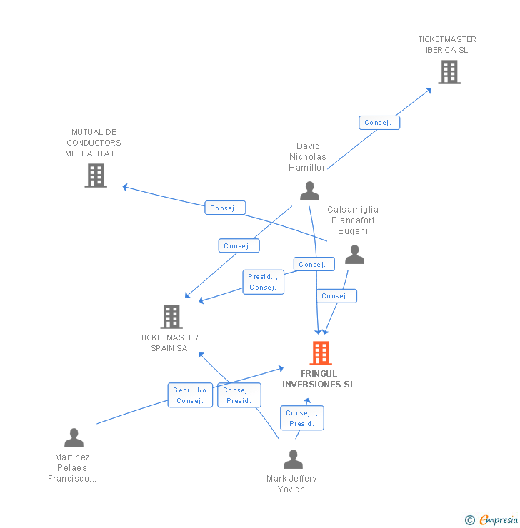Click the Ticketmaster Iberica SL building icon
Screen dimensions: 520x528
[449, 72]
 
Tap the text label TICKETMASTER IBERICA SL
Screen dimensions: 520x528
[447, 45]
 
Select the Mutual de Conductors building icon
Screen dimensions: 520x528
[96, 175]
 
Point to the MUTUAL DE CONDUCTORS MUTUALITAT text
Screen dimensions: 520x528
[94, 143]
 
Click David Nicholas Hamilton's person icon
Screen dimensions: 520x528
[309, 191]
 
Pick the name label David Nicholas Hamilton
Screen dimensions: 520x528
[308, 157]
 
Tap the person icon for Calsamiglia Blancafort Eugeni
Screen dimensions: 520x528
[354, 255]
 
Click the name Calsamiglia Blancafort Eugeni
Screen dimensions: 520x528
[353, 220]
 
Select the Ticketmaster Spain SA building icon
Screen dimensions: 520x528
[171, 316]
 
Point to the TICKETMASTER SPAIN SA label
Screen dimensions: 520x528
[169, 343]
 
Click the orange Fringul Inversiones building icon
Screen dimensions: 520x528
[321, 352]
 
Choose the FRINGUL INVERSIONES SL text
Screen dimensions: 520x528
[319, 379]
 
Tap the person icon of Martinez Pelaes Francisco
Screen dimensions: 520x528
[74, 438]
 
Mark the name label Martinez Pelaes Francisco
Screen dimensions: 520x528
[72, 468]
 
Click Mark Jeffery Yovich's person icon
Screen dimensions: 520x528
[293, 459]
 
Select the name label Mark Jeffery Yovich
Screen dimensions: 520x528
[291, 484]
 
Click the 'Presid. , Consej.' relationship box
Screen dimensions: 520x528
[263, 282]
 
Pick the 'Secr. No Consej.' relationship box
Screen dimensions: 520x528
[190, 395]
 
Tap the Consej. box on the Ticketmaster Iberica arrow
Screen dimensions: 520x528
[379, 123]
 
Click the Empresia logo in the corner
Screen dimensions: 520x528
[491, 520]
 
